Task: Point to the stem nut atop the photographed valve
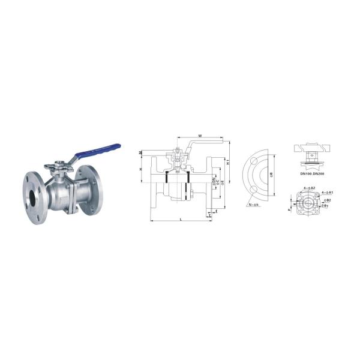tap(60, 164)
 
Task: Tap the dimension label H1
tap(229, 161)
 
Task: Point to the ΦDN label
tap(213, 178)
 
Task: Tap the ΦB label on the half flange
tap(272, 176)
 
